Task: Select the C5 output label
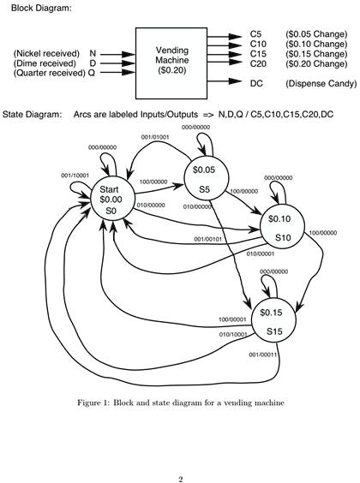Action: (256, 34)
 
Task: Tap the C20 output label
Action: (258, 63)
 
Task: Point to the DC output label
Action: (256, 83)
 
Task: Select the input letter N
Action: (93, 54)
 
